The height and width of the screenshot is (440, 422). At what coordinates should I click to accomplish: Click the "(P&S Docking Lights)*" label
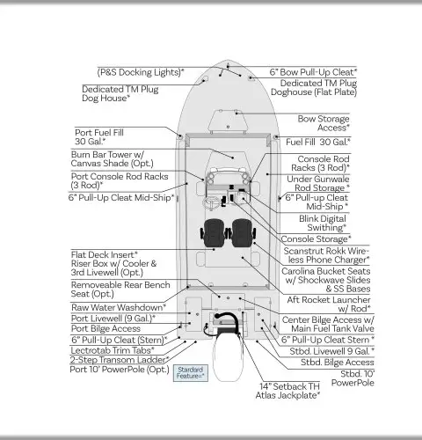tap(141, 72)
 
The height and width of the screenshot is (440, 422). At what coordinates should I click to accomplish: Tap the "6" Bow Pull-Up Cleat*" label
tap(313, 72)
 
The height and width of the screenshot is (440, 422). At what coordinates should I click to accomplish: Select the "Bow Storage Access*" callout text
tap(324, 123)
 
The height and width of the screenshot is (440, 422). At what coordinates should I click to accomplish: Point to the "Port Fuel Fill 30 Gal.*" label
tap(99, 137)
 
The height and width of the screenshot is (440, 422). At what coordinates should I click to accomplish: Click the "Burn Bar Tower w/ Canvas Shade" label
tap(113, 158)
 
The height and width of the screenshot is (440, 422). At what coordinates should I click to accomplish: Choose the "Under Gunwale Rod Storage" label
tap(318, 183)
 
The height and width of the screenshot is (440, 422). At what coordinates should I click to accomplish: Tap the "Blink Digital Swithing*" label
tap(323, 223)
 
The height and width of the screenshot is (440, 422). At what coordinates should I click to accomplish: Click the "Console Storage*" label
tap(316, 239)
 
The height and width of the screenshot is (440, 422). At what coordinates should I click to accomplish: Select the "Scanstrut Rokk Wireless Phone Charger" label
tap(326, 255)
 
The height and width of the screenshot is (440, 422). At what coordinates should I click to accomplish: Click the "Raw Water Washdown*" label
tap(119, 307)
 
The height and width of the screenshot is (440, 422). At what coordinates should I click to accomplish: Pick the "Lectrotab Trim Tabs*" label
tap(113, 350)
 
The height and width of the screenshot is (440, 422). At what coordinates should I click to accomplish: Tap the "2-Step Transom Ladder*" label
tap(120, 360)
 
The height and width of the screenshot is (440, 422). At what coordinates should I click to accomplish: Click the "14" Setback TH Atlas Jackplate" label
tap(287, 391)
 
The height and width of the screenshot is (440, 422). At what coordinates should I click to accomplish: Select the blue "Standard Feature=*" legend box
tap(191, 373)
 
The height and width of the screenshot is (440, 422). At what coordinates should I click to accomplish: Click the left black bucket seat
tap(215, 233)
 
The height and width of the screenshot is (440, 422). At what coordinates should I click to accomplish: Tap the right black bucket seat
tap(242, 233)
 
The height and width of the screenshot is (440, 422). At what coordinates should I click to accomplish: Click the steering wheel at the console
tap(212, 202)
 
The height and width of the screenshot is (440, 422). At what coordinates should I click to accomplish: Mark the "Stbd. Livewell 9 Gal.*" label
tap(332, 351)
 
